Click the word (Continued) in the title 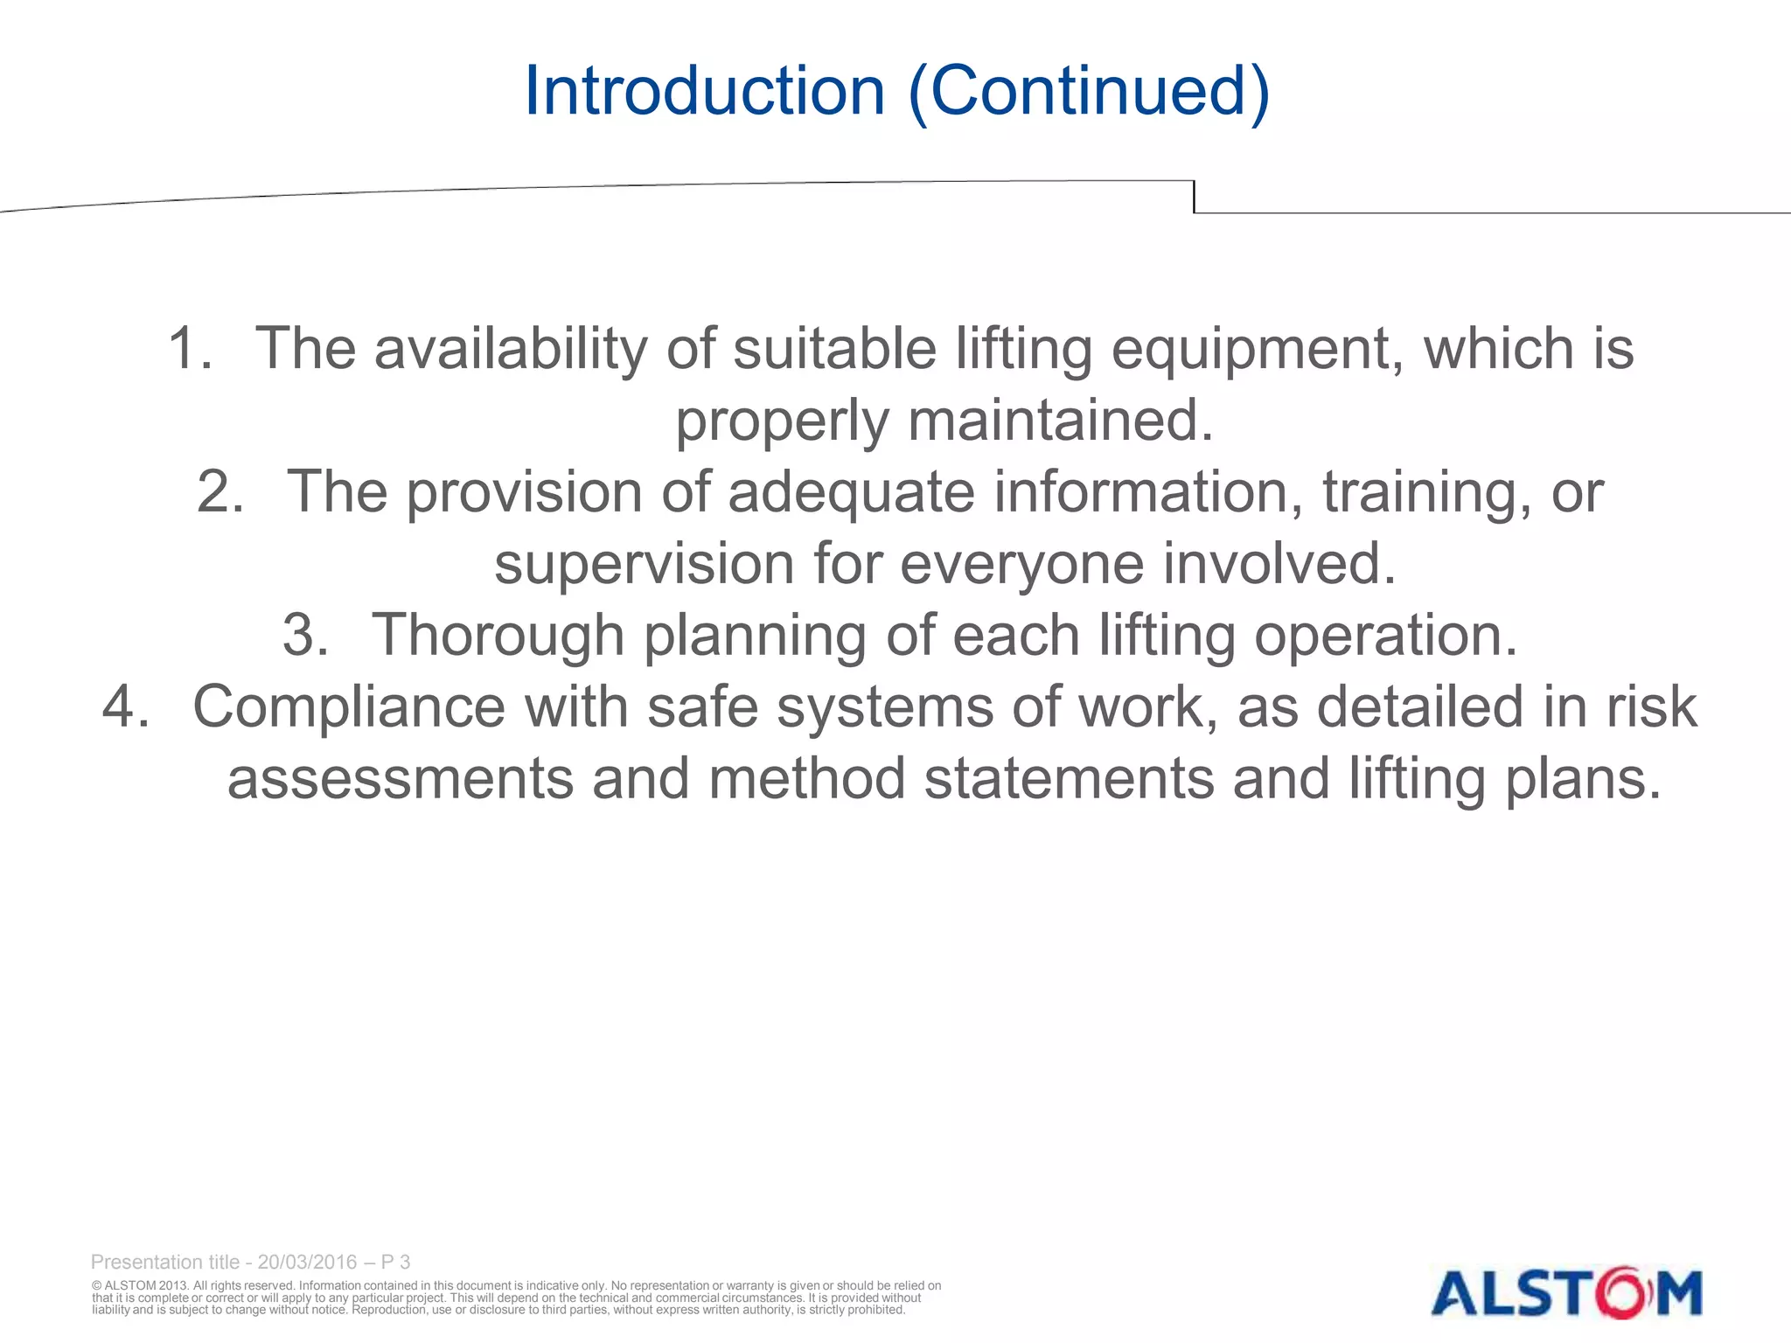point(1089,93)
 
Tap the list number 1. point(189,348)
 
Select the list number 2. point(220,491)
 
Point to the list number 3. point(305,635)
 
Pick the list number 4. point(125,706)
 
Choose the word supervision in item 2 point(645,564)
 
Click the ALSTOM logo point(1566,1292)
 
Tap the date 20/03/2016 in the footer point(307,1262)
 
